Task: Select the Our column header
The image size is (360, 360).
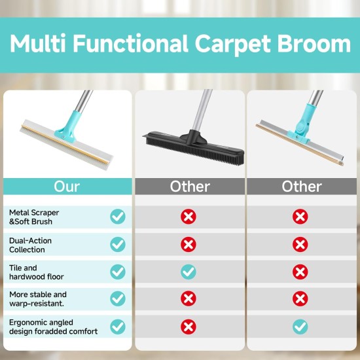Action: pyautogui.click(x=67, y=187)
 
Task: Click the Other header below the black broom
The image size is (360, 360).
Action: pyautogui.click(x=190, y=187)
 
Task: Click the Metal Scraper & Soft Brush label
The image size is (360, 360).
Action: pyautogui.click(x=34, y=217)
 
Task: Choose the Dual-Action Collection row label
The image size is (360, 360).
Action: pyautogui.click(x=30, y=245)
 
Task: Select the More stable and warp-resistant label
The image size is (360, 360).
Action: pyautogui.click(x=38, y=298)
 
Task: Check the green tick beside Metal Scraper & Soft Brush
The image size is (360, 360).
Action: pyautogui.click(x=118, y=217)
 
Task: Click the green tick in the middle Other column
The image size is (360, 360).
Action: pyautogui.click(x=189, y=272)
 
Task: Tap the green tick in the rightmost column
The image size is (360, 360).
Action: pyautogui.click(x=300, y=327)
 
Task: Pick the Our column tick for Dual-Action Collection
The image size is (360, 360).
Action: pyautogui.click(x=118, y=244)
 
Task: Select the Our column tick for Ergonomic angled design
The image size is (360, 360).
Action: pyautogui.click(x=118, y=327)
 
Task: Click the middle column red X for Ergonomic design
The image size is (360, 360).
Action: pyautogui.click(x=189, y=327)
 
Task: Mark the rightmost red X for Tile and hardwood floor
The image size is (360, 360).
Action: pyautogui.click(x=300, y=272)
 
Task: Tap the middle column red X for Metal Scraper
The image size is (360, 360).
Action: pyautogui.click(x=189, y=217)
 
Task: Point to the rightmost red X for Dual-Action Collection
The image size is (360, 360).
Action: pyautogui.click(x=300, y=244)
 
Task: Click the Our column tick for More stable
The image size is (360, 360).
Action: pyautogui.click(x=118, y=298)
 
